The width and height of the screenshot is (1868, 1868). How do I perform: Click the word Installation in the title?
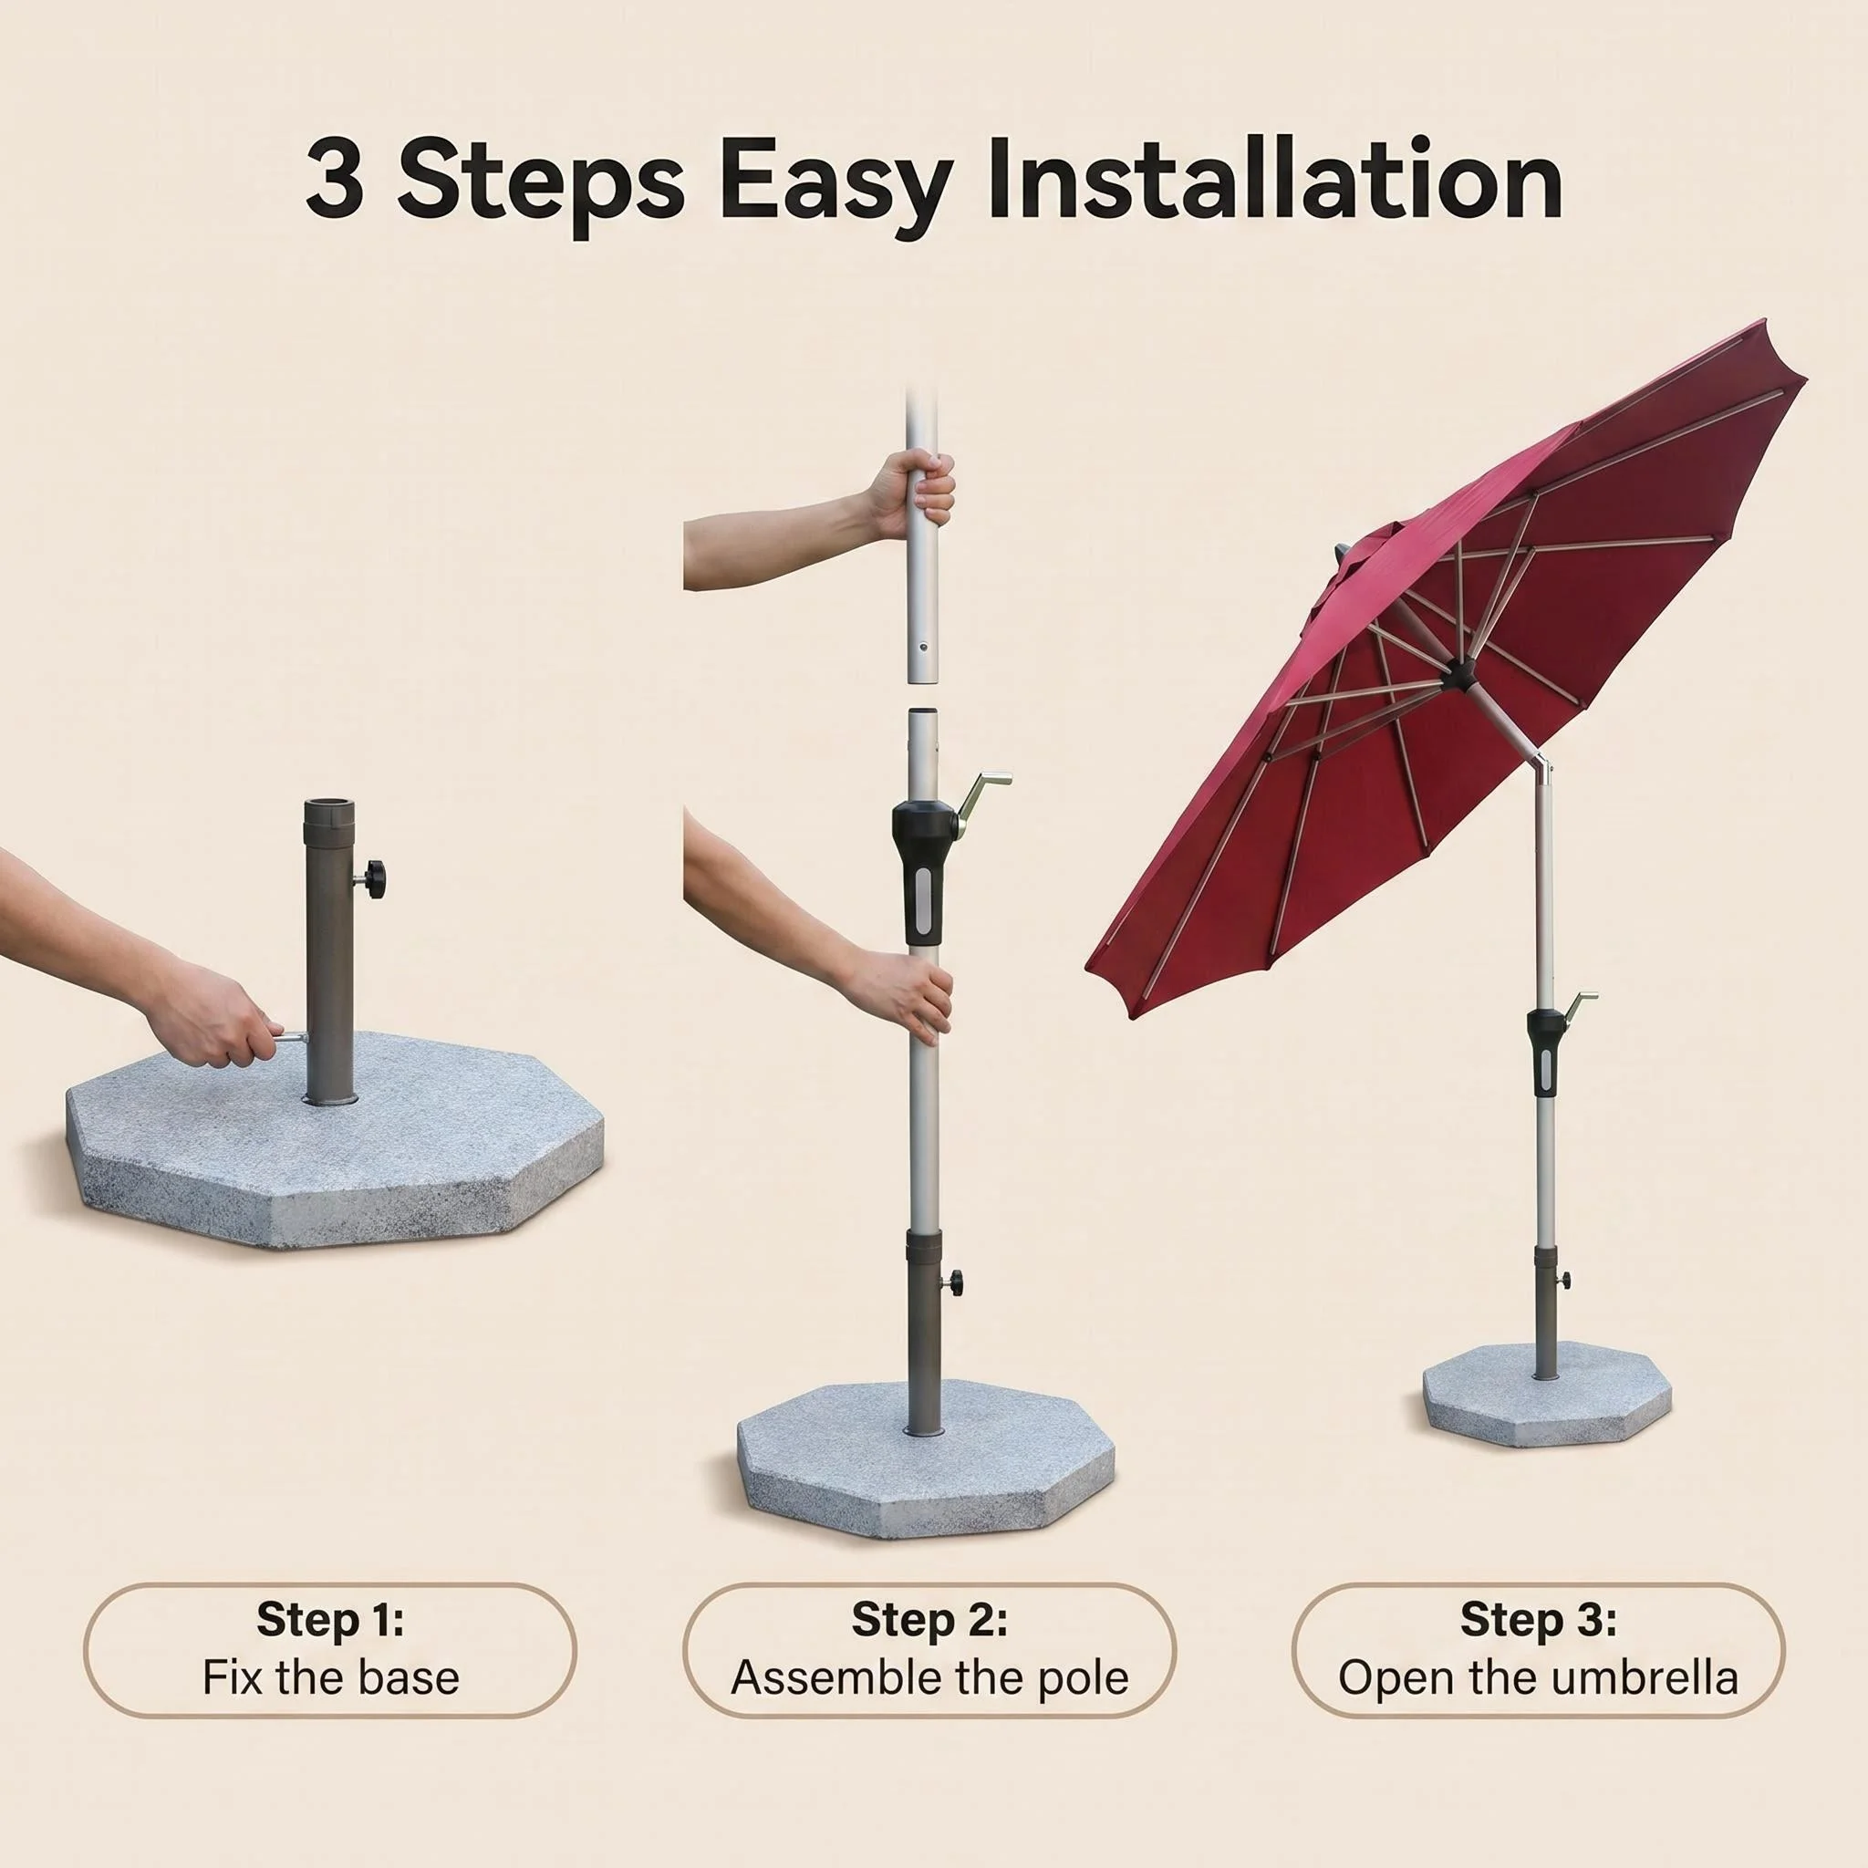tap(1273, 180)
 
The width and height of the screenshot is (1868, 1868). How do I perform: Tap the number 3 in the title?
tap(335, 180)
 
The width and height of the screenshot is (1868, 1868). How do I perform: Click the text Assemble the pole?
tap(929, 1678)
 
